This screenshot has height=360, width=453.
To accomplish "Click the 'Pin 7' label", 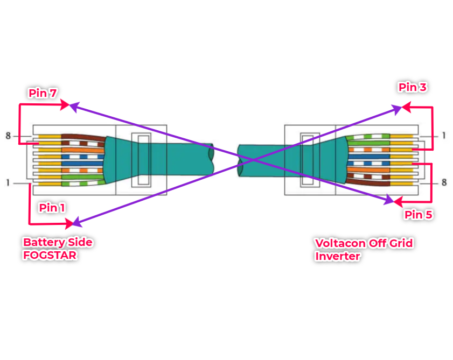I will [43, 93].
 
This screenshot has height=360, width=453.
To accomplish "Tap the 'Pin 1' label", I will [52, 208].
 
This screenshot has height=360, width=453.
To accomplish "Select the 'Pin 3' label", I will [413, 87].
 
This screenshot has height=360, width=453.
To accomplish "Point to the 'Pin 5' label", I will [418, 215].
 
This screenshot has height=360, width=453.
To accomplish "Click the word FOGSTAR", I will [50, 255].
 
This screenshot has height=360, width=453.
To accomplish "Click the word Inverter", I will [337, 256].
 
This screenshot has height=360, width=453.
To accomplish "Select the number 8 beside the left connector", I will [8, 136].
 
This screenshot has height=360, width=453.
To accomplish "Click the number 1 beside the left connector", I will [8, 183].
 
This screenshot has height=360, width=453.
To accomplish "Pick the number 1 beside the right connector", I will [444, 136].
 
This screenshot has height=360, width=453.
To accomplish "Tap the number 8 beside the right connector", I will [444, 183].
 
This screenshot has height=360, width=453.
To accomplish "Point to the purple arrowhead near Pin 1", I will [76, 222].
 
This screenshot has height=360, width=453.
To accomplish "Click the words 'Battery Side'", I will [58, 243].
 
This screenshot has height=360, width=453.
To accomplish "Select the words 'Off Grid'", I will [391, 243].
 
